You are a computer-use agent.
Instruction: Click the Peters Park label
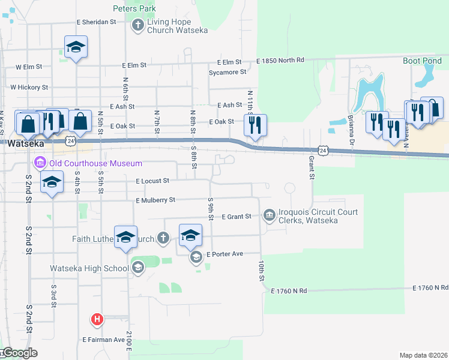[134, 8]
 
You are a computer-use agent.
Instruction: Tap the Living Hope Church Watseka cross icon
[137, 25]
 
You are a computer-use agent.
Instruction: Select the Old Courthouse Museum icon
[41, 163]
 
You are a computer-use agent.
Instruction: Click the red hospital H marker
[96, 319]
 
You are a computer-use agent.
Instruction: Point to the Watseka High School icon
[138, 268]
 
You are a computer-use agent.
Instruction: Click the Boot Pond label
[422, 61]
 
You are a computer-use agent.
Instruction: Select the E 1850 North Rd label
[280, 61]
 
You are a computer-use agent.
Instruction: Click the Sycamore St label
[228, 72]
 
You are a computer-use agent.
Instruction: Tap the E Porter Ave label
[224, 254]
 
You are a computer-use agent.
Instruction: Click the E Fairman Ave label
[103, 340]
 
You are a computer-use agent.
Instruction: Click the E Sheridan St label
[96, 22]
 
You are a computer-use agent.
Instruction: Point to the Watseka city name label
[23, 143]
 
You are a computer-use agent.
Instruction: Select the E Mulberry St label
[155, 200]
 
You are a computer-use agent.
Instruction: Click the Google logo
[19, 353]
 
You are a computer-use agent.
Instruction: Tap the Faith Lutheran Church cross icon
[163, 238]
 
